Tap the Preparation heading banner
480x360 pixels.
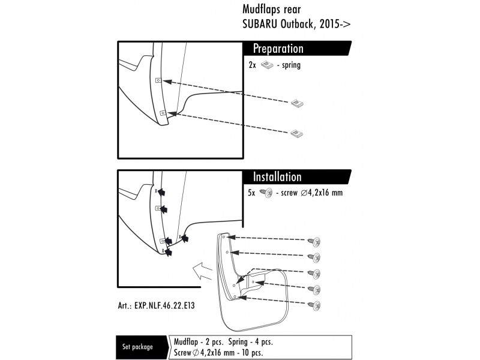(278, 49)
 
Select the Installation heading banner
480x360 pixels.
(277, 177)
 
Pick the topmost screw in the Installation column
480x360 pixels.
(314, 242)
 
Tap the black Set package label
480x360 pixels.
(137, 347)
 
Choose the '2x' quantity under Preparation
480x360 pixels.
(252, 65)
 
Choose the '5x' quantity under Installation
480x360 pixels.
(252, 193)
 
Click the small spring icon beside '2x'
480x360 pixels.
(268, 65)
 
